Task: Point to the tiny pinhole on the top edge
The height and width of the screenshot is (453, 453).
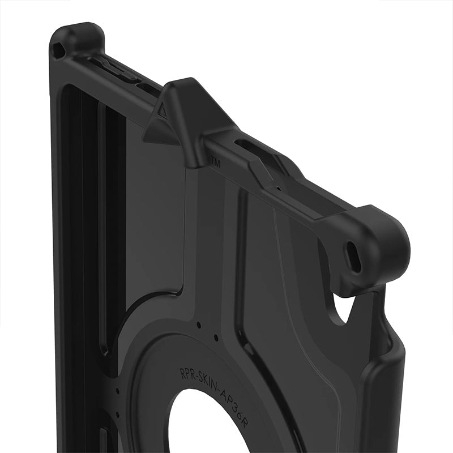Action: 278,189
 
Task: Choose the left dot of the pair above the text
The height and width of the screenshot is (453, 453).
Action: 199,326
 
